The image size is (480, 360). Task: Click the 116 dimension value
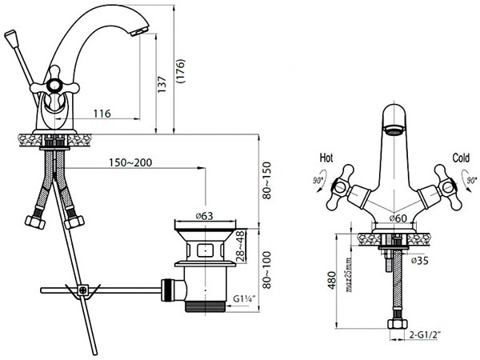pos(102,114)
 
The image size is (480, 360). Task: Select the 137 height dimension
pos(162,84)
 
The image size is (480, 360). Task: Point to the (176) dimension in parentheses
pos(181,71)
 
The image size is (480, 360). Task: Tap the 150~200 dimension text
pos(130,162)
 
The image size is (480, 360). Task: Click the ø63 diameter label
pos(204,216)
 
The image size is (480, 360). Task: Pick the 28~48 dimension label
pos(241,246)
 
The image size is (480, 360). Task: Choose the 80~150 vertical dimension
pos(267,181)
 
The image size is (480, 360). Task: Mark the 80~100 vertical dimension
pos(267,270)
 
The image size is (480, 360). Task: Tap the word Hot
pos(326,158)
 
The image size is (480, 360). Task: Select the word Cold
pos(461,158)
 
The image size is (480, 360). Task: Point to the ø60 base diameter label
pos(398,218)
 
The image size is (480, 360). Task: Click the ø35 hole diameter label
pos(420,261)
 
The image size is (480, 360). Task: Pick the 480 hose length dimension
pos(332,280)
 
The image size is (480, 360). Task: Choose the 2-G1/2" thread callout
pos(425,335)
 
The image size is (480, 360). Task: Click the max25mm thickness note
pos(349,274)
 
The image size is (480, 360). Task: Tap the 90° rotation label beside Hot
pos(318,181)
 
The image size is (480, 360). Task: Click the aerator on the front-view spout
pos(394,130)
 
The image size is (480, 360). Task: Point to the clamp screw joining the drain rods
pos(82,290)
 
